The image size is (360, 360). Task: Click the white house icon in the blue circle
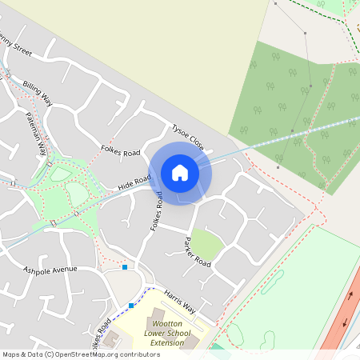click(x=180, y=173)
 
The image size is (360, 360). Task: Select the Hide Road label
click(x=134, y=183)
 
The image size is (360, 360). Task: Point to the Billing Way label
click(x=37, y=92)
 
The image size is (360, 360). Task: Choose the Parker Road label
click(x=197, y=252)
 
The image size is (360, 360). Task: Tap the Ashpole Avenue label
click(x=50, y=270)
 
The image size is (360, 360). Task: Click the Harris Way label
click(x=178, y=302)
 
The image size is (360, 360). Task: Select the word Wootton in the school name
click(x=163, y=322)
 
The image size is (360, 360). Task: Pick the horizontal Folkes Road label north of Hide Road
click(x=120, y=152)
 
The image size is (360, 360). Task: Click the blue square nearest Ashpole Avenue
click(x=125, y=267)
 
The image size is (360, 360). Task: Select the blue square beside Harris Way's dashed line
click(x=131, y=305)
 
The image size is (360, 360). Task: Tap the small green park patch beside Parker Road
click(x=206, y=245)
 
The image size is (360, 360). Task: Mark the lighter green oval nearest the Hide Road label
click(x=76, y=194)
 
